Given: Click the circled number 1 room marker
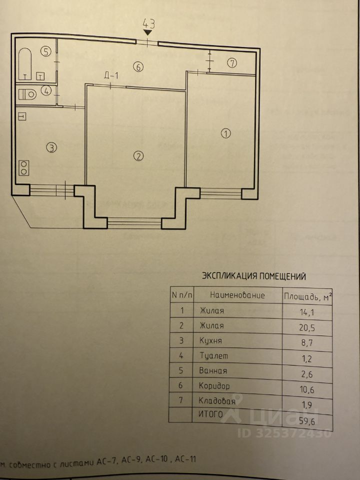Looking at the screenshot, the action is coord(226,133).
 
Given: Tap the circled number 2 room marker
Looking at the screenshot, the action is coord(138,155).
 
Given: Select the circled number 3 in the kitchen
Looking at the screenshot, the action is coord(51,147).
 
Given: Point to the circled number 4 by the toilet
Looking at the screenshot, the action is coord(46,91).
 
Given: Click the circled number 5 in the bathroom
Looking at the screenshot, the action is coord(46,51).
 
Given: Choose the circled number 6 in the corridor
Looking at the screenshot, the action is coord(138,66).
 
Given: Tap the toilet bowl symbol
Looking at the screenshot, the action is coord(28,92).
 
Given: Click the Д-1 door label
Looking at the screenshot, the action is coord(110,76).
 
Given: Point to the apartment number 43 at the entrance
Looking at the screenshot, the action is coord(148,23).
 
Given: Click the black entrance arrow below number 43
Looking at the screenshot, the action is coord(148,32).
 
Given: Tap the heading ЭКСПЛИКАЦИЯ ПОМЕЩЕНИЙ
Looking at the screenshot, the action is coord(253,275).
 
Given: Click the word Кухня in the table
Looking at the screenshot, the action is coord(210,340).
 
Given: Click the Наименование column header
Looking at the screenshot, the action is coord(237,295).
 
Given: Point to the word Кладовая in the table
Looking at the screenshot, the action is coord(217,400).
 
